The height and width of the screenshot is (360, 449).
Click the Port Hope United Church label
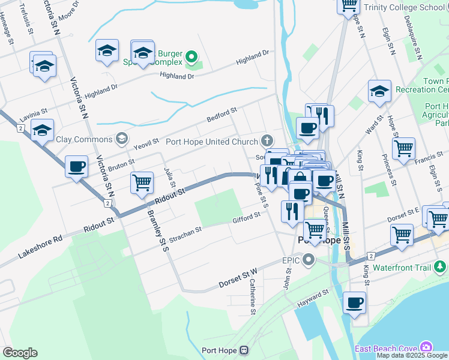tap(212, 142)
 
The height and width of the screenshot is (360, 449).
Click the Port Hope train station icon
tap(244, 350)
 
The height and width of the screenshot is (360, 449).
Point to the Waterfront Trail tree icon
tap(441, 266)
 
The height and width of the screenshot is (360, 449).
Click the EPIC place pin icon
tap(309, 260)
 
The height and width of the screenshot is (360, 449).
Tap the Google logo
tap(20, 353)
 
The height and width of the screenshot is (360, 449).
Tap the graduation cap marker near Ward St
tap(379, 91)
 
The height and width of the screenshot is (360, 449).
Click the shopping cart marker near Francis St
tap(403, 148)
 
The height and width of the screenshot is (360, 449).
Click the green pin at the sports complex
tap(191, 58)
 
